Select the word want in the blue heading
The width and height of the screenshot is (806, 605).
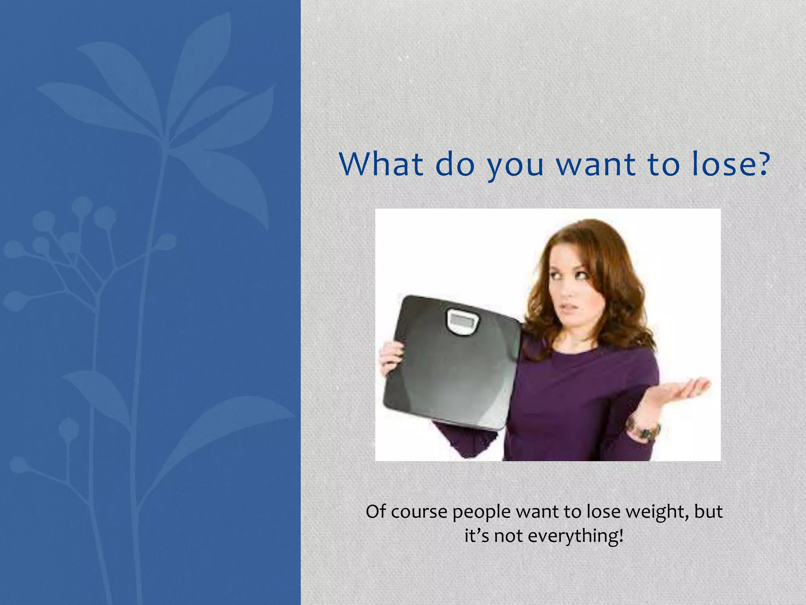point(596,164)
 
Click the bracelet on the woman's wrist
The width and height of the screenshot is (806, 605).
point(645,430)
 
